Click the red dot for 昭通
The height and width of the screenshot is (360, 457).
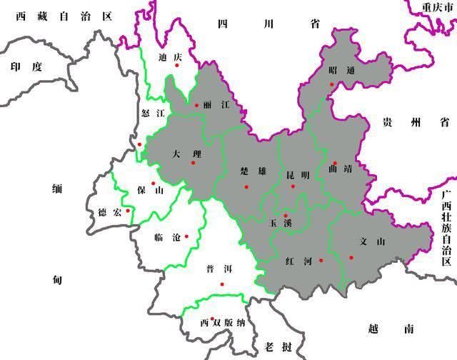tap(331, 84)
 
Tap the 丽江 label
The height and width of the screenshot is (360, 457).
tap(217, 104)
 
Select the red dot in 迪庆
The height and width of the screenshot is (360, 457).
tap(177, 66)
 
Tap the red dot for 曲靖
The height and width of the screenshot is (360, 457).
tap(334, 162)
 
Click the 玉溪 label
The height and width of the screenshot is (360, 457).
tap(279, 224)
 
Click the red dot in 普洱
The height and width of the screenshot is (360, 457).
tap(222, 284)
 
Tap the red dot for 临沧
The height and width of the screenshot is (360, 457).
tap(186, 236)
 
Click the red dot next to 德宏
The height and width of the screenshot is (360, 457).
tap(128, 210)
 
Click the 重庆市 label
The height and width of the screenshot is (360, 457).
tap(437, 6)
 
